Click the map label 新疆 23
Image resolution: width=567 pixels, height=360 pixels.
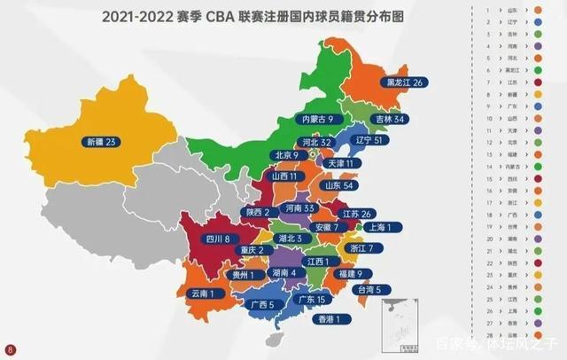105,141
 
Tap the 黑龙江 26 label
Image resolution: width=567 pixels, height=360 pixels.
408,82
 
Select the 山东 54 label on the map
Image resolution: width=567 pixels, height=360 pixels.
344,186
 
